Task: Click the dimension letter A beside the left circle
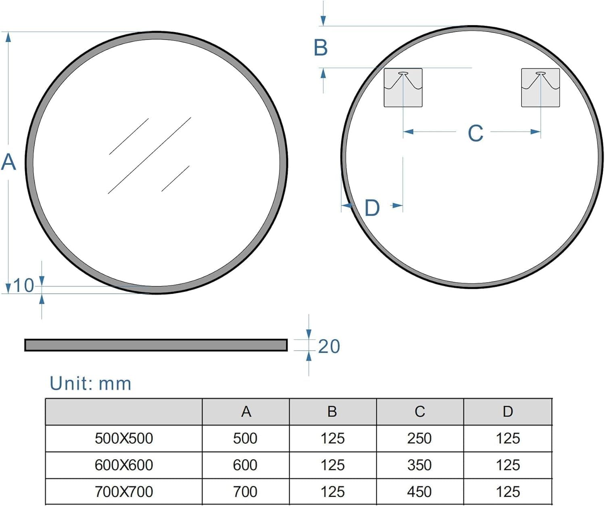pyautogui.click(x=8, y=162)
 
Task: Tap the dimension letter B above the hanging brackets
pyautogui.click(x=321, y=48)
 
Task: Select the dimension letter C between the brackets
pyautogui.click(x=476, y=133)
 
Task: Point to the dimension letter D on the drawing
pyautogui.click(x=372, y=208)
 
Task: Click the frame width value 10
pyautogui.click(x=24, y=286)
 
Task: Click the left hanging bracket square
pyautogui.click(x=403, y=88)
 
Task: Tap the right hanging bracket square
pyautogui.click(x=540, y=88)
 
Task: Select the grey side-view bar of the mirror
pyautogui.click(x=156, y=345)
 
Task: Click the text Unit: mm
pyautogui.click(x=90, y=384)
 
